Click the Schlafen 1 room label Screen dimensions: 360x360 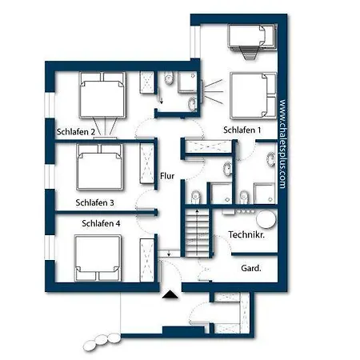tap(242, 130)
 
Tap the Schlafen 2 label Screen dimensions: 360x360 tap(76, 132)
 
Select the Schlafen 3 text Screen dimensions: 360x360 tap(94, 202)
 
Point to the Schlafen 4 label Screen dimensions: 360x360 tap(101, 223)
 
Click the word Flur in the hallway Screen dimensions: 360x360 tap(167, 176)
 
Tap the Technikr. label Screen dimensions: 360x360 tap(246, 234)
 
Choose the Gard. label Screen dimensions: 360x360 tap(251, 268)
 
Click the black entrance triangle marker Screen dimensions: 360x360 tap(170, 294)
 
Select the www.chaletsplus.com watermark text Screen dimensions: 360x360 tap(282, 144)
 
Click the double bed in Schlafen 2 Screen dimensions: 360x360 tap(102, 94)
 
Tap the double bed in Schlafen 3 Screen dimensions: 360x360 tap(100, 166)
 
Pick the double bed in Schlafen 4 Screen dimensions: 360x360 tap(98, 258)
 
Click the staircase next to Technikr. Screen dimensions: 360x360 tap(197, 233)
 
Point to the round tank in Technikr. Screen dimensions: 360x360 tap(266, 219)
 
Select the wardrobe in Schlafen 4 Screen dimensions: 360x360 tap(147, 260)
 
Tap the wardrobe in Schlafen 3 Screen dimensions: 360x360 tap(147, 163)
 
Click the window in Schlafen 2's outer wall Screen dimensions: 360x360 tap(50, 105)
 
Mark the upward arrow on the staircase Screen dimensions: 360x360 tap(197, 232)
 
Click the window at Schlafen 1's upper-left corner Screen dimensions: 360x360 tap(195, 42)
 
